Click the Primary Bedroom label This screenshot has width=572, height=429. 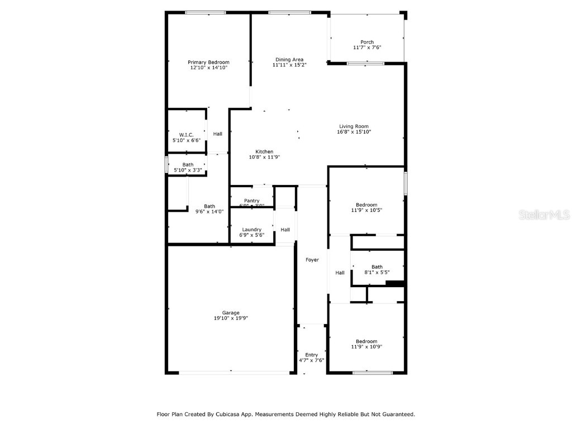[x=208, y=62]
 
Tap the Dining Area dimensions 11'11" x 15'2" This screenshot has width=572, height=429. [x=289, y=65]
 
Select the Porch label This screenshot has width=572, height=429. [x=367, y=42]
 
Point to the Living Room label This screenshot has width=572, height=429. [x=354, y=126]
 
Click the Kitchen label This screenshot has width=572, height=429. [x=264, y=151]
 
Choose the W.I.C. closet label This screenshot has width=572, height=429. [x=186, y=135]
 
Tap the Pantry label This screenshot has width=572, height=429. [x=251, y=201]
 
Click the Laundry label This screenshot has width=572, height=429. [x=252, y=230]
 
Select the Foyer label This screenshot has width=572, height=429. [x=312, y=260]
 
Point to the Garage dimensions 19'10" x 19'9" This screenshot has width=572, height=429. [x=231, y=318]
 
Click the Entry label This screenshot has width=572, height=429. [x=312, y=355]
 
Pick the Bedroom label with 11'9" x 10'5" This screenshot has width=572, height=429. [x=366, y=204]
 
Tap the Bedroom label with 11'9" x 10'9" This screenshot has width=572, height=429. [x=366, y=341]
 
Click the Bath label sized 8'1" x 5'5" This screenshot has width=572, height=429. [x=377, y=266]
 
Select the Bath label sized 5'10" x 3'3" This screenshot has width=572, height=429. [x=188, y=164]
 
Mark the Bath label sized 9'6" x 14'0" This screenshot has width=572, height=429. [x=209, y=206]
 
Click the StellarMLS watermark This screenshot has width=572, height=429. [x=544, y=214]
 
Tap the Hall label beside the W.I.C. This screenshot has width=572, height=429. [x=218, y=134]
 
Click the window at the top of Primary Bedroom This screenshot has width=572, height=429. [x=206, y=12]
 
